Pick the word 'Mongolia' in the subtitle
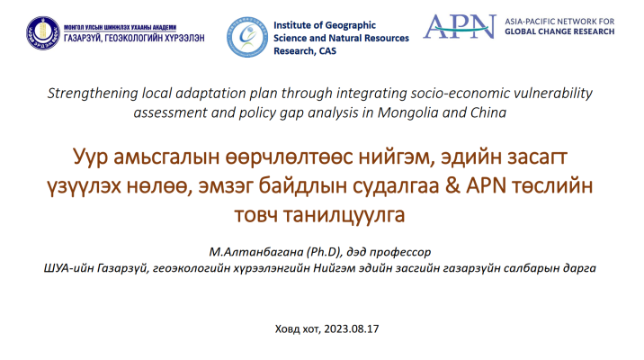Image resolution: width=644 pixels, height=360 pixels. coord(410,112)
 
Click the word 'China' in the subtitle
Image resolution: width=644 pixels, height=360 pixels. coord(487,112)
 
